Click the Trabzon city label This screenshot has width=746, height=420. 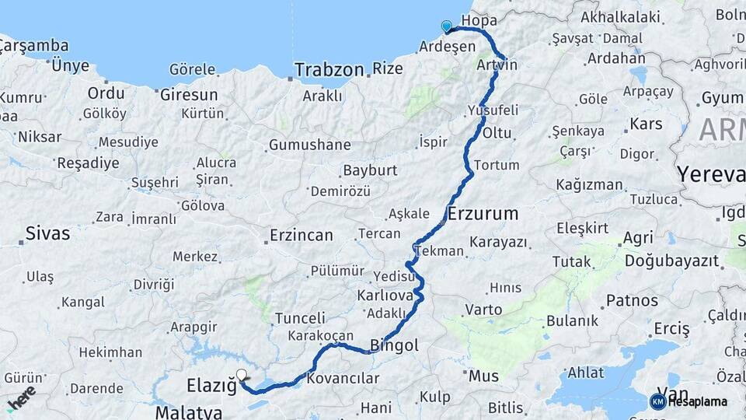tap(329, 70)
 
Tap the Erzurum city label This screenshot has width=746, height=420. tap(483, 213)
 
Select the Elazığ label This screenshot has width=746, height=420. tap(211, 385)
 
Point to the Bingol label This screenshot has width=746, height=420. tap(394, 345)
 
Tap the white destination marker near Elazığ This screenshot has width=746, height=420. tap(242, 376)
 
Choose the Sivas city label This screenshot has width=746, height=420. tap(47, 233)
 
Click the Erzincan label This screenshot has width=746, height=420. tap(302, 235)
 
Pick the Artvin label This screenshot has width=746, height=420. tap(498, 65)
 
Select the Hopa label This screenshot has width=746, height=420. tap(479, 20)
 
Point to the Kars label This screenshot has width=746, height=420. tap(646, 124)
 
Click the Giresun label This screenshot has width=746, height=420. tap(188, 95)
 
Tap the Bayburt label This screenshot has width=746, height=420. tap(370, 170)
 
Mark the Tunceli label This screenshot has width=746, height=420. tap(300, 318)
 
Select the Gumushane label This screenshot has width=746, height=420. tap(310, 145)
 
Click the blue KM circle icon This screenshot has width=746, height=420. tap(657, 401)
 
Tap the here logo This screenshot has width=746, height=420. tap(21, 397)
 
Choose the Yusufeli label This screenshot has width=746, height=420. tap(493, 110)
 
